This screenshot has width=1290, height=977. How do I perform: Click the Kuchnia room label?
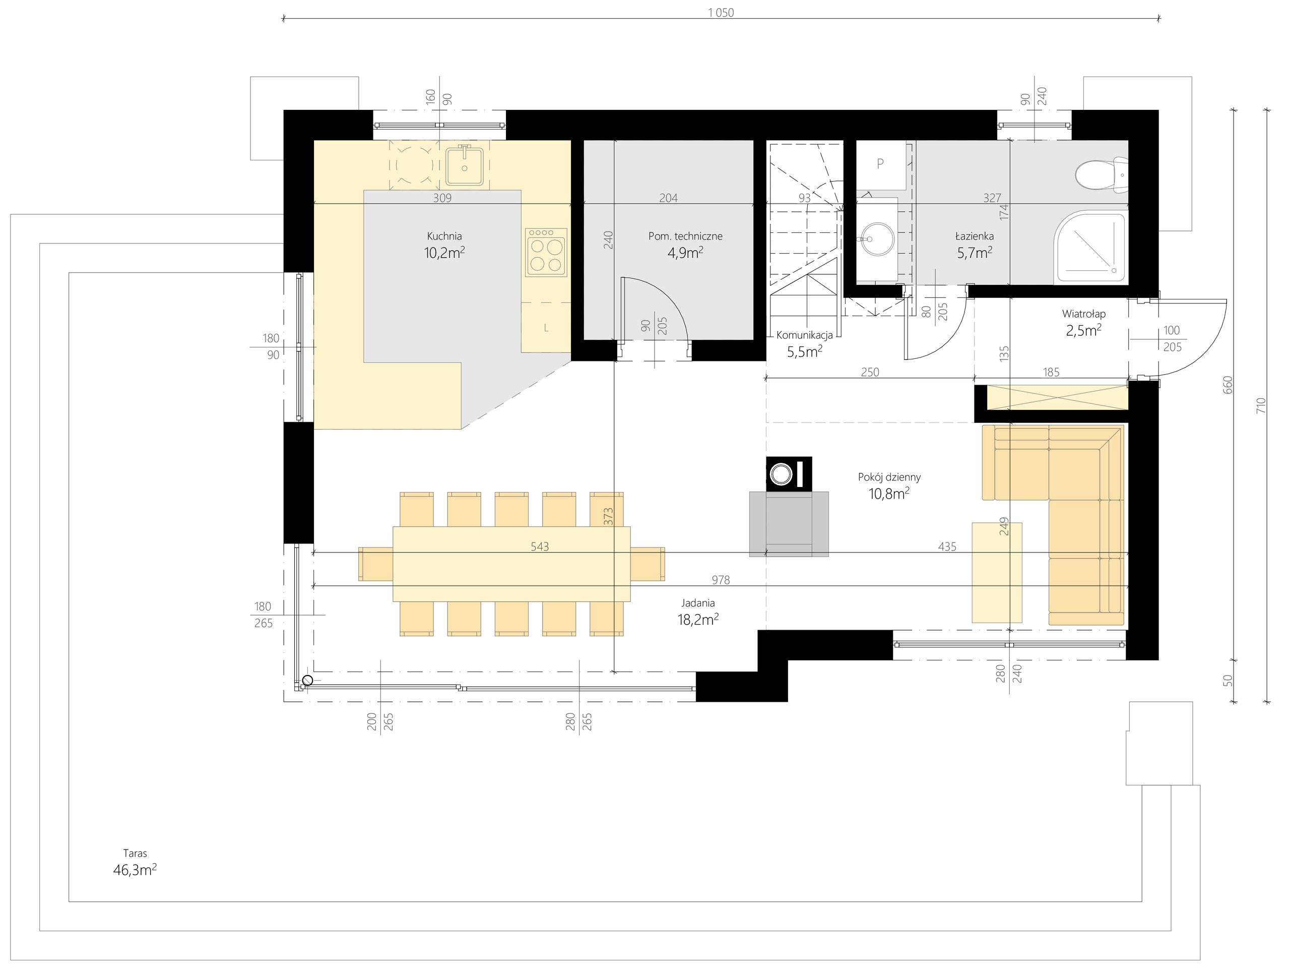[x=444, y=236]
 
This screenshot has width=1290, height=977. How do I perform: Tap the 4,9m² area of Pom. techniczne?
[x=685, y=253]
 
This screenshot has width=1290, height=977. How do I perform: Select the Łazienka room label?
[x=975, y=236]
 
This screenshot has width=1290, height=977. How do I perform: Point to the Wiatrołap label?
[x=1083, y=314]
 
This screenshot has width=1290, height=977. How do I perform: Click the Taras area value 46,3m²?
[x=135, y=871]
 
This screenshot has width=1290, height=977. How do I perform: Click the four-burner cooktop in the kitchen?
[x=546, y=253]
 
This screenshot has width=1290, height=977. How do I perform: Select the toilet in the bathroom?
[x=1102, y=175]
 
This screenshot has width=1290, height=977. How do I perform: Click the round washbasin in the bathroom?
[x=877, y=238]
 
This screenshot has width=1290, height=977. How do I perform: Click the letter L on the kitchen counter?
[x=546, y=328]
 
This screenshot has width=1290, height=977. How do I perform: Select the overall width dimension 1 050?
[x=721, y=13]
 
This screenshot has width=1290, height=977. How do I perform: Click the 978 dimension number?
[x=721, y=580]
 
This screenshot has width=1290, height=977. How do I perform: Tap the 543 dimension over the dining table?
[x=540, y=546]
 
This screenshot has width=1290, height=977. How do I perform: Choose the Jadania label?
[x=698, y=603]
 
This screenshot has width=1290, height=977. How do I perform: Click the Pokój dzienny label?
[x=889, y=477]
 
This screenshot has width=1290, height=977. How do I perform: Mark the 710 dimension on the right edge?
[x=1261, y=405]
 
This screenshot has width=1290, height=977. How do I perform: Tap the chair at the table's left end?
[x=375, y=564]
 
